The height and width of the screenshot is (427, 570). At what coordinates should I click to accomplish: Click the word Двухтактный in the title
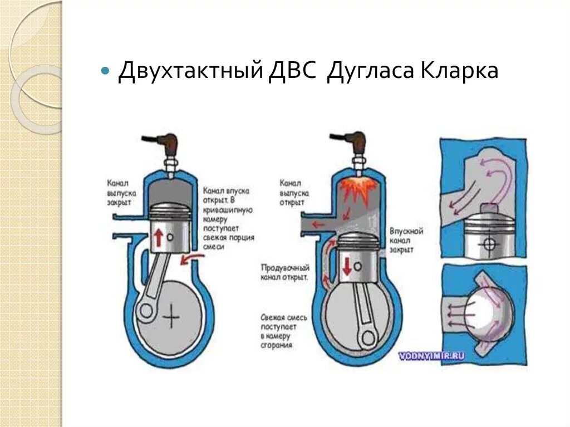coord(189,72)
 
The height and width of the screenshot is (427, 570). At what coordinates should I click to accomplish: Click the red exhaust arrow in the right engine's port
coord(318,224)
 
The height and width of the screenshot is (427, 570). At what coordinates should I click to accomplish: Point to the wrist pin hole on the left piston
coord(170,236)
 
